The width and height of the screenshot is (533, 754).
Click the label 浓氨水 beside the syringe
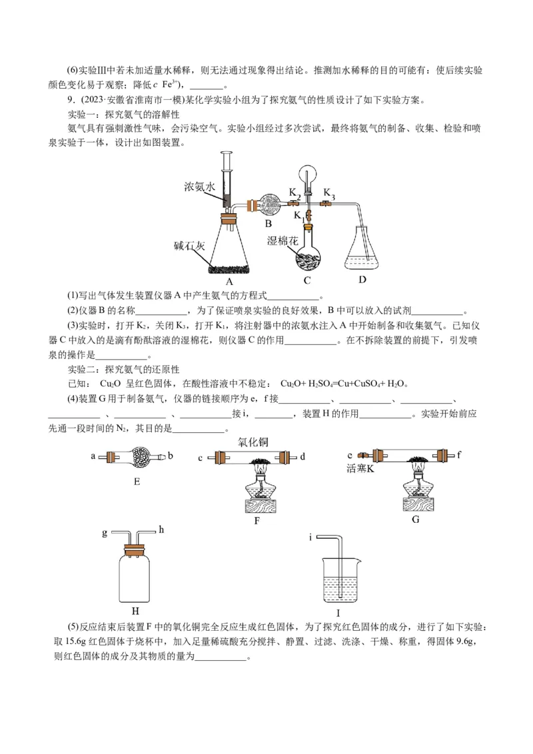point(199,188)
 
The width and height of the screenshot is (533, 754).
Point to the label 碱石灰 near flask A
point(189,245)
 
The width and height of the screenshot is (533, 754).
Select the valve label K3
point(329,192)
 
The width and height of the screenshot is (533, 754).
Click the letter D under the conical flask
point(362,279)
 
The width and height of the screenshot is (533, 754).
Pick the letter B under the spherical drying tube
point(268,223)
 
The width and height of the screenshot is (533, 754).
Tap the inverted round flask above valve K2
point(308,175)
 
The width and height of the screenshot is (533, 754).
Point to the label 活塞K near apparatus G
point(361,469)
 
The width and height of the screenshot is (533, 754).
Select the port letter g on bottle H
point(104,533)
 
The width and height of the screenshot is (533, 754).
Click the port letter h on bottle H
point(161,530)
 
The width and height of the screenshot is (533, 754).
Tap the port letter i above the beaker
point(310,536)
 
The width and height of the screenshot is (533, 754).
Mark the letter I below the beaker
point(338,613)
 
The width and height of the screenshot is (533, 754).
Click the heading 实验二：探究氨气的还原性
point(124,369)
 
